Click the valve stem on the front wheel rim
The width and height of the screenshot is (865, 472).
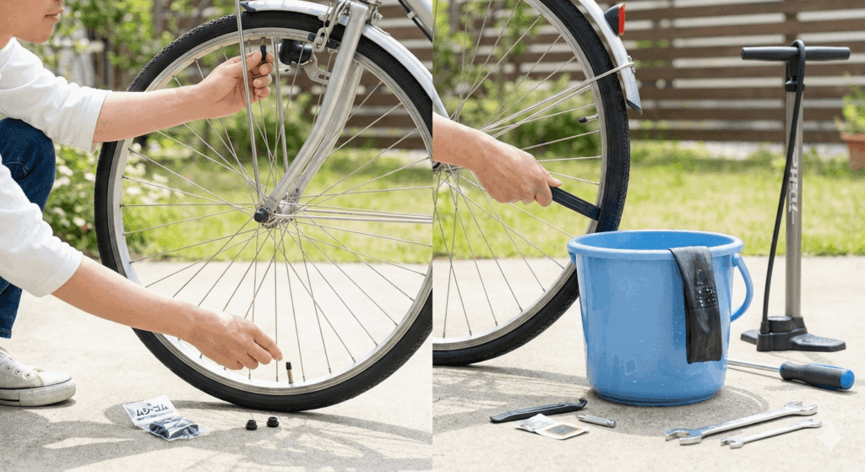pyautogui.click(x=290, y=372)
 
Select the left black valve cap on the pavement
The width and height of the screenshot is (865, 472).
pyautogui.click(x=252, y=424)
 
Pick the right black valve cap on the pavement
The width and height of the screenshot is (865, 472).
pyautogui.click(x=273, y=421)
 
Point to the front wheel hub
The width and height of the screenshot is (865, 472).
pyautogui.click(x=263, y=215)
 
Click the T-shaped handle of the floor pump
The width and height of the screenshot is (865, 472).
pyautogui.click(x=795, y=53)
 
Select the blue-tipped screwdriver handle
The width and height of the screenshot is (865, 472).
pyautogui.click(x=816, y=375)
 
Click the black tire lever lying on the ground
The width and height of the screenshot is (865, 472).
pyautogui.click(x=537, y=410)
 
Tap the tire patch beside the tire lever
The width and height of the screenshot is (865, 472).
pyautogui.click(x=552, y=427)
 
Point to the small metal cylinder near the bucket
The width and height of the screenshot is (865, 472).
pyautogui.click(x=596, y=420)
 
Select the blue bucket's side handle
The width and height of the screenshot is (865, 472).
pyautogui.click(x=743, y=287)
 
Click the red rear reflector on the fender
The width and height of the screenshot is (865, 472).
pyautogui.click(x=621, y=18)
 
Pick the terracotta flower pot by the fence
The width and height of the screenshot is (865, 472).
pyautogui.click(x=854, y=149)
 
